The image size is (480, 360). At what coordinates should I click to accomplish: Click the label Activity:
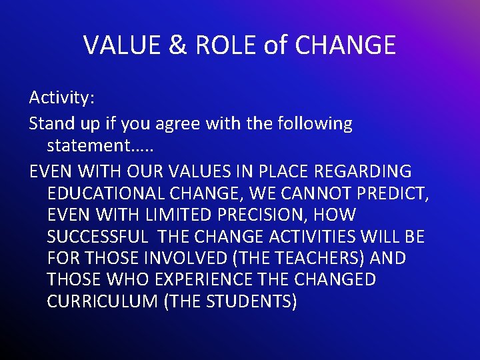[x=62, y=98]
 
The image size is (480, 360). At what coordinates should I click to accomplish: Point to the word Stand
[x=51, y=123]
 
